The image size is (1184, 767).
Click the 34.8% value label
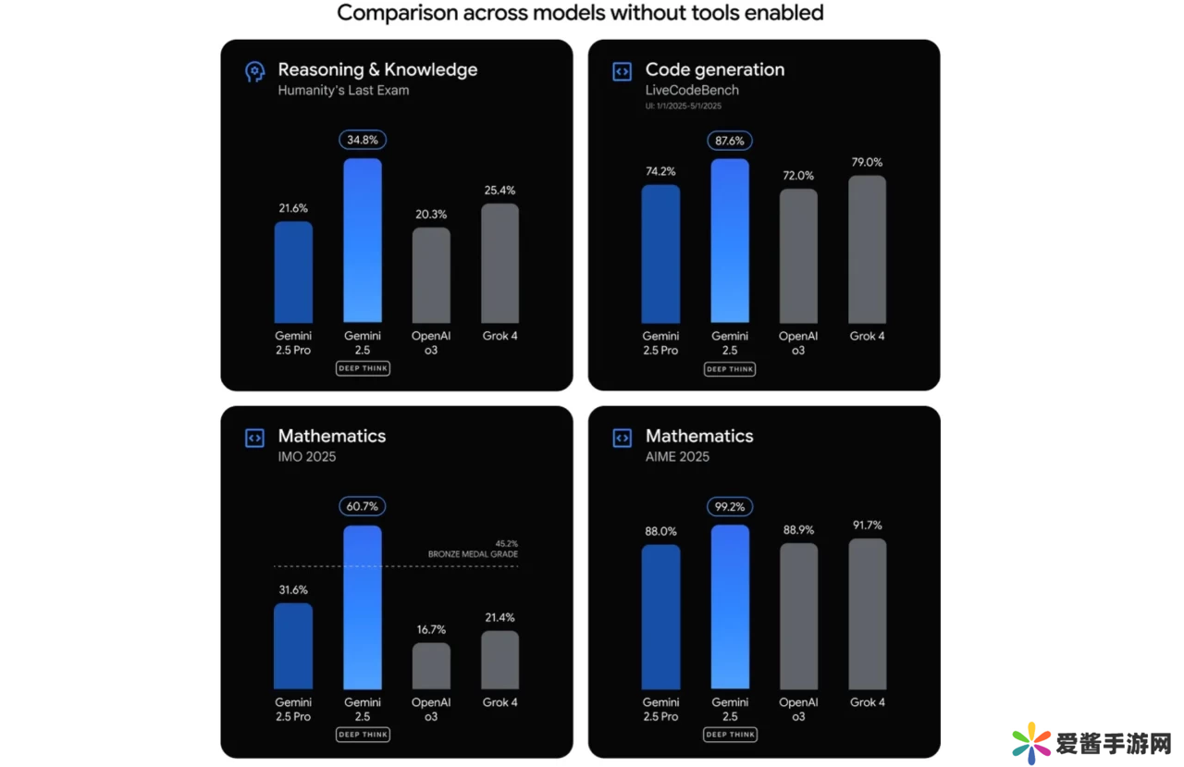363,141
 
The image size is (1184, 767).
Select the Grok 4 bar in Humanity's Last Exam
499,264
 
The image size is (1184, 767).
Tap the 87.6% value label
730,141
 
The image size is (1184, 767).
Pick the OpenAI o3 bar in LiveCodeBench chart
798,256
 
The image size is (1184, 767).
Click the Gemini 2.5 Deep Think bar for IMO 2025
363,607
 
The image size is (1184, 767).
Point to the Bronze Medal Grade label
473,554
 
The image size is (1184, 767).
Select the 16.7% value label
431,630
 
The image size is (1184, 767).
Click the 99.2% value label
730,507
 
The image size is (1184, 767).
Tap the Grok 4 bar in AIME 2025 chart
867,614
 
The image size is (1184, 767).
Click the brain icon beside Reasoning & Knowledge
254,71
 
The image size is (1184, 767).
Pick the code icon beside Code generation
622,71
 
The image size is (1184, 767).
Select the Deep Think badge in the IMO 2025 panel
363,735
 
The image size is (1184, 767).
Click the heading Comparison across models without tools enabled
580,13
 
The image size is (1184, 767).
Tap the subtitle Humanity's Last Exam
343,91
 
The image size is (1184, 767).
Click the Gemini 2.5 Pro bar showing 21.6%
293,272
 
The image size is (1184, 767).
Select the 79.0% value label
867,163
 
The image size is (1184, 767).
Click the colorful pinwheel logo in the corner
1031,743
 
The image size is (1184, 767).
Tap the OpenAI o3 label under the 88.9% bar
798,710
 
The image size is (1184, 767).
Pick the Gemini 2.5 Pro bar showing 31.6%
293,647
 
